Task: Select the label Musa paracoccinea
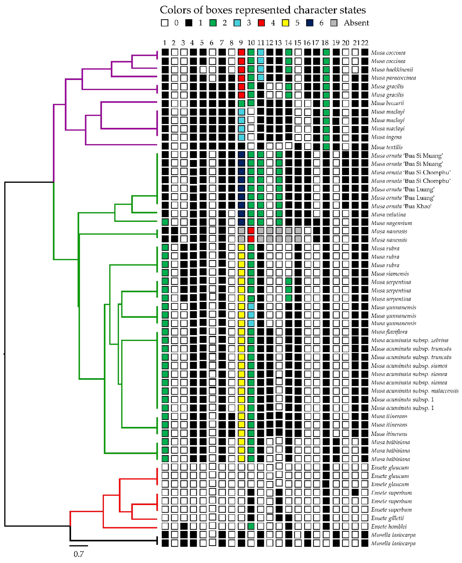pyautogui.click(x=393, y=78)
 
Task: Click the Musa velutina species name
pyautogui.click(x=388, y=215)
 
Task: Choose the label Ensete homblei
pyautogui.click(x=389, y=527)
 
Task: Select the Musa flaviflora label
pyautogui.click(x=389, y=332)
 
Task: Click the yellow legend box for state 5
pyautogui.click(x=286, y=23)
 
